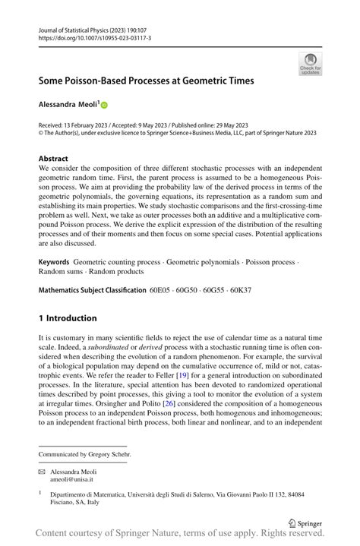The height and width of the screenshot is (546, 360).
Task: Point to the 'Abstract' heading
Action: [x=53, y=159]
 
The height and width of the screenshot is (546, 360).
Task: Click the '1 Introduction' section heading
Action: [x=68, y=318]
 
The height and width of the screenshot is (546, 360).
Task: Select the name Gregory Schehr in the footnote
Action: [x=111, y=454]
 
